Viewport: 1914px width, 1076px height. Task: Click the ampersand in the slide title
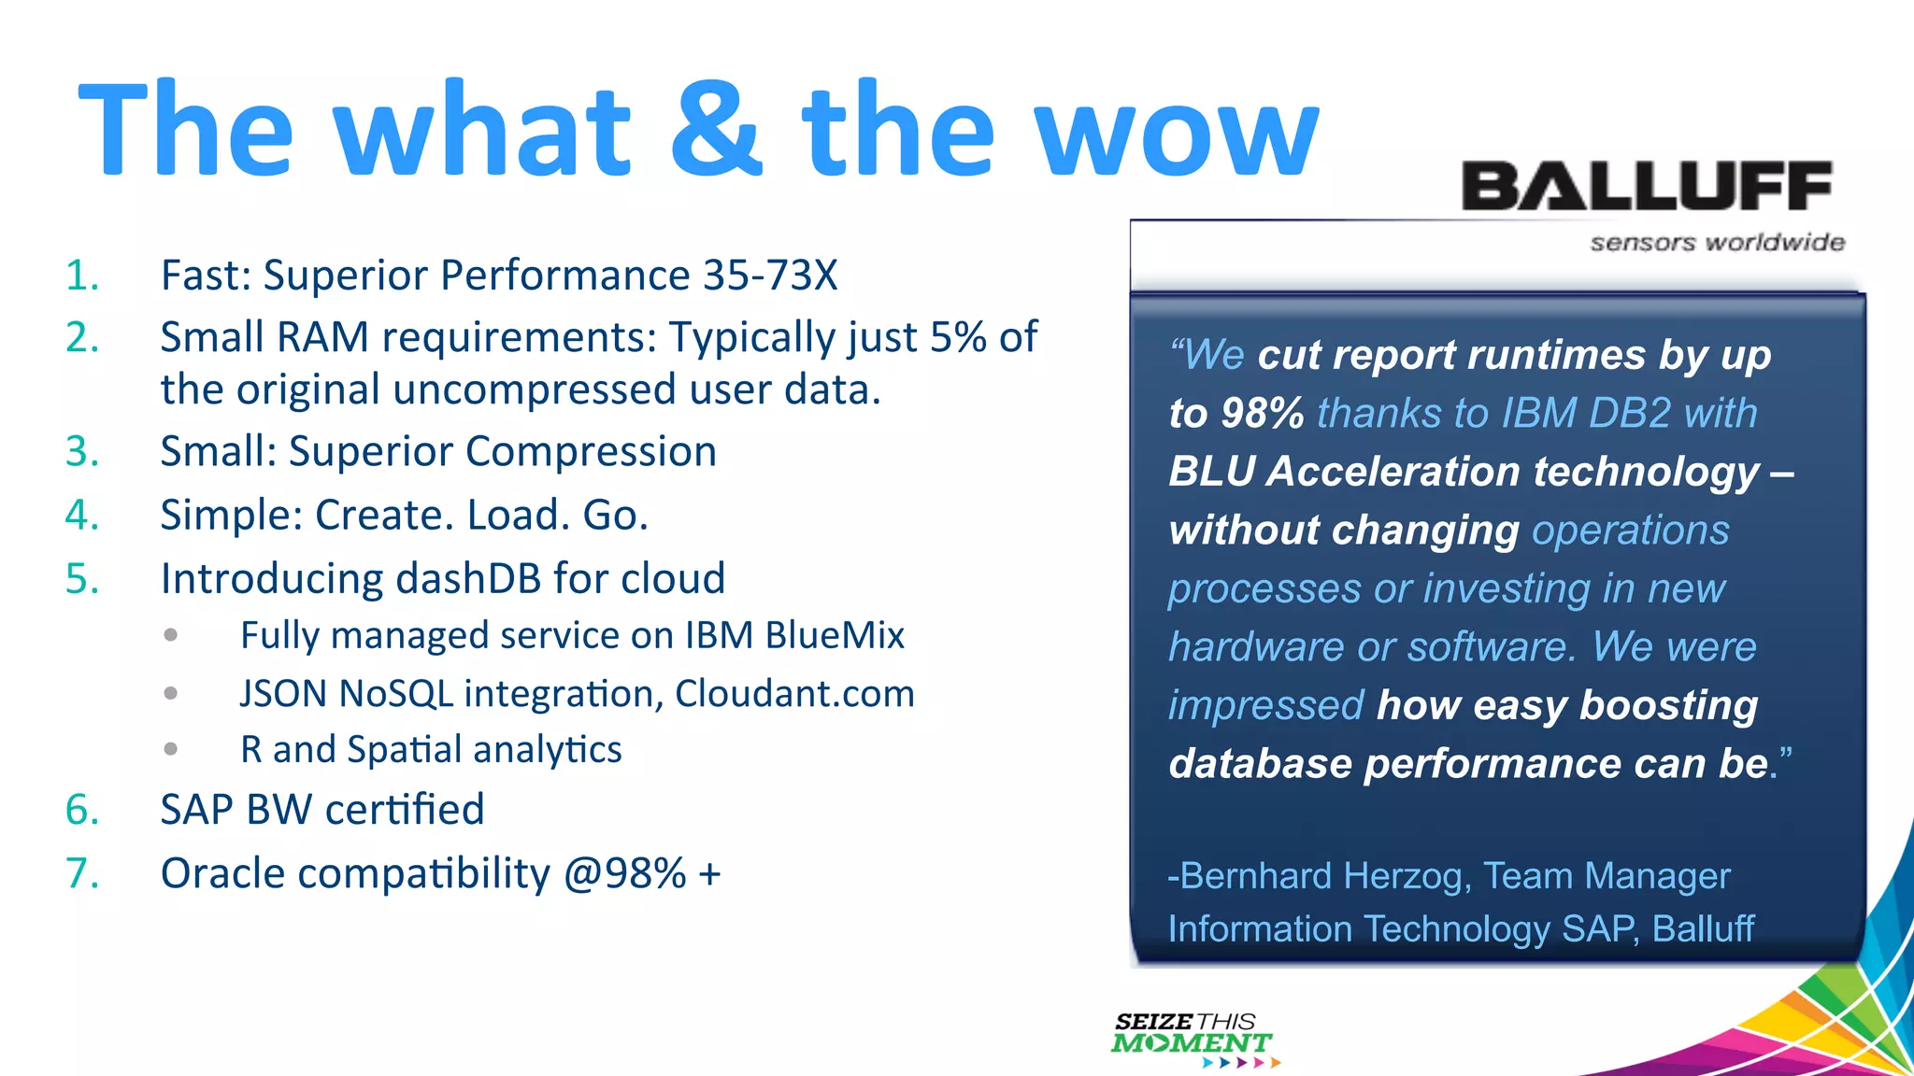[717, 131]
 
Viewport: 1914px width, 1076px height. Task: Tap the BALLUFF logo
[1646, 186]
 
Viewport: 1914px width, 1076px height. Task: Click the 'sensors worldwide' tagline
[1717, 243]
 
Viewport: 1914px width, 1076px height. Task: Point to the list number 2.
[81, 337]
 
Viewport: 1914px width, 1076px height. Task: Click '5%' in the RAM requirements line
[958, 337]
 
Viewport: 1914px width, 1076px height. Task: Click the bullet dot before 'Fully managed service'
[170, 635]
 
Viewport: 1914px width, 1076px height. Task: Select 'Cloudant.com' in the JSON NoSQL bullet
[794, 694]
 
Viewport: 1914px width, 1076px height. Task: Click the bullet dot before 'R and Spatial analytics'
[170, 749]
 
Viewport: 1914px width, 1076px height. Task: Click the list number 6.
[81, 810]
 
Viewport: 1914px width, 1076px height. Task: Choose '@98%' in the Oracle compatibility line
[624, 874]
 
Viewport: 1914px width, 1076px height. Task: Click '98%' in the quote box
[1262, 414]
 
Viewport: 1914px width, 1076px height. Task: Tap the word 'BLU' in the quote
[1211, 472]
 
